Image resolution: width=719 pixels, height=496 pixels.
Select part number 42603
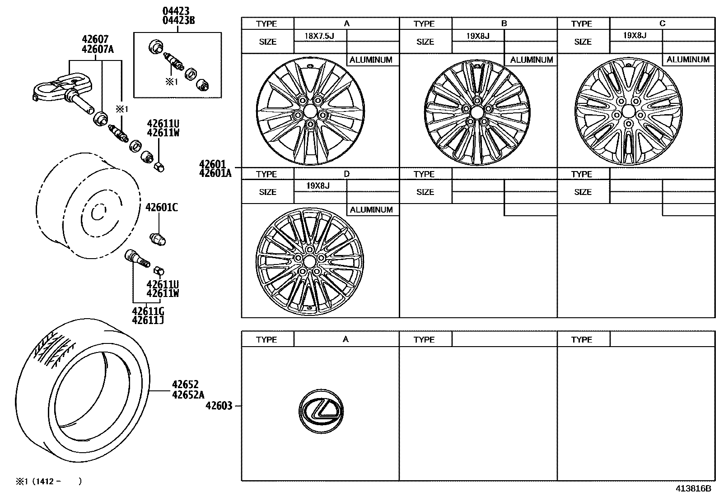pos(219,406)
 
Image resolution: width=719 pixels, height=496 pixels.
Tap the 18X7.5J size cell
pos(320,35)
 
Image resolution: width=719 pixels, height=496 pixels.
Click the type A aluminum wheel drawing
pos(310,112)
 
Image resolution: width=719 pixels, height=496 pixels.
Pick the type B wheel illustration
pos(477,111)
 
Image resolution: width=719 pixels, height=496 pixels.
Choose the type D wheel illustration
pos(309,260)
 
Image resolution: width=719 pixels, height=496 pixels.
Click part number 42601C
pos(162,208)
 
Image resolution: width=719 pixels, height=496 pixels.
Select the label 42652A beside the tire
pos(185,395)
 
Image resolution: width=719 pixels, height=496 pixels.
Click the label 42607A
pos(98,50)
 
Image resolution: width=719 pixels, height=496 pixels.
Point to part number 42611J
pos(148,320)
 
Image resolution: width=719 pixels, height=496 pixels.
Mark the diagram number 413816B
pos(693,488)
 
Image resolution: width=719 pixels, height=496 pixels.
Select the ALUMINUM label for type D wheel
pos(371,210)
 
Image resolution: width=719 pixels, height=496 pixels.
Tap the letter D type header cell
pos(346,174)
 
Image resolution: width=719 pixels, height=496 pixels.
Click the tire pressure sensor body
pos(56,84)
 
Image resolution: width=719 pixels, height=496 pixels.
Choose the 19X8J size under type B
pos(478,35)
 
